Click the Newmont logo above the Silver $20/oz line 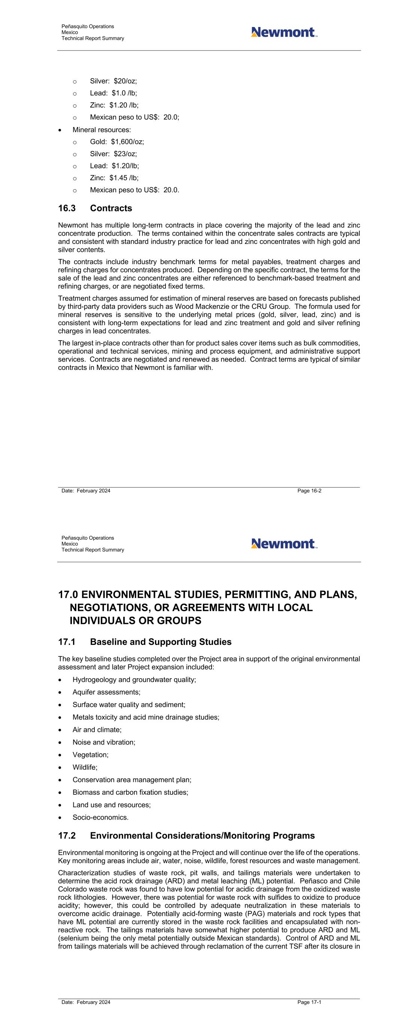pos(284,32)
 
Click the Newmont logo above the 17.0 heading pos(284,543)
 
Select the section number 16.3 pos(67,208)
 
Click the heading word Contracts pos(111,208)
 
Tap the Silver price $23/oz pos(125,154)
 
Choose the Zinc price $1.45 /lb pos(124,178)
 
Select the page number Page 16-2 pos(309,491)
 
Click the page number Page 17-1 pos(309,1002)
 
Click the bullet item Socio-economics pos(100,817)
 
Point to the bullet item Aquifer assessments pos(106,692)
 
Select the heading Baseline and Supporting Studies pos(160,642)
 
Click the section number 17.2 pos(67,836)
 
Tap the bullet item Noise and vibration pos(104,742)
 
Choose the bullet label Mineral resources pos(101,130)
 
